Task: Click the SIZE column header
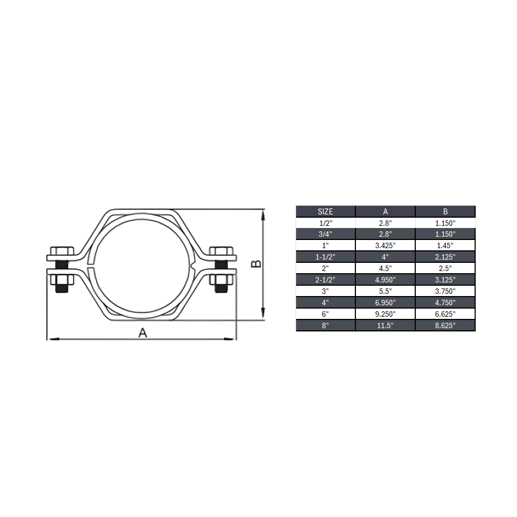tap(325, 211)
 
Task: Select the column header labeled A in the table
tap(385, 211)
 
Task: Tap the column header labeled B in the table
tap(445, 211)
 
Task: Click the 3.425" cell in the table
tap(385, 245)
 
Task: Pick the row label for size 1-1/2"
tap(325, 257)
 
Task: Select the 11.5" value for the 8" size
tap(385, 325)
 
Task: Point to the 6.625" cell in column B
tap(445, 314)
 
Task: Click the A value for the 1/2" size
tap(385, 223)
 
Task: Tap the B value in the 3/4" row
tap(445, 234)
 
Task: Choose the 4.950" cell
tap(385, 280)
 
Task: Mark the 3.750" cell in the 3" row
tap(445, 291)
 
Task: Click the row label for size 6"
tap(325, 314)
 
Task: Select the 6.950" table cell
tap(385, 303)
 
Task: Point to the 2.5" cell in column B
tap(445, 268)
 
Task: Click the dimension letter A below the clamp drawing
tap(143, 332)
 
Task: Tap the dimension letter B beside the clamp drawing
tap(256, 264)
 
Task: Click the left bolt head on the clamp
tap(61, 251)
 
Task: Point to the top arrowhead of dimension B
tap(263, 214)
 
